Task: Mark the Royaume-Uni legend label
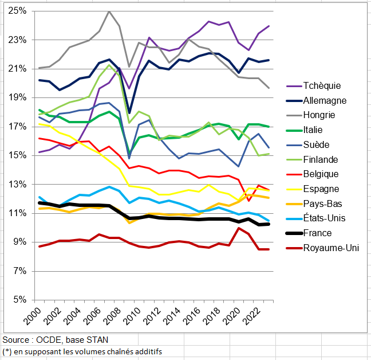tap(330, 248)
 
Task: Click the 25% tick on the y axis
tap(17, 11)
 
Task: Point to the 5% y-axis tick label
tap(19, 300)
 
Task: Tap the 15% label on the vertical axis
tap(17, 155)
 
